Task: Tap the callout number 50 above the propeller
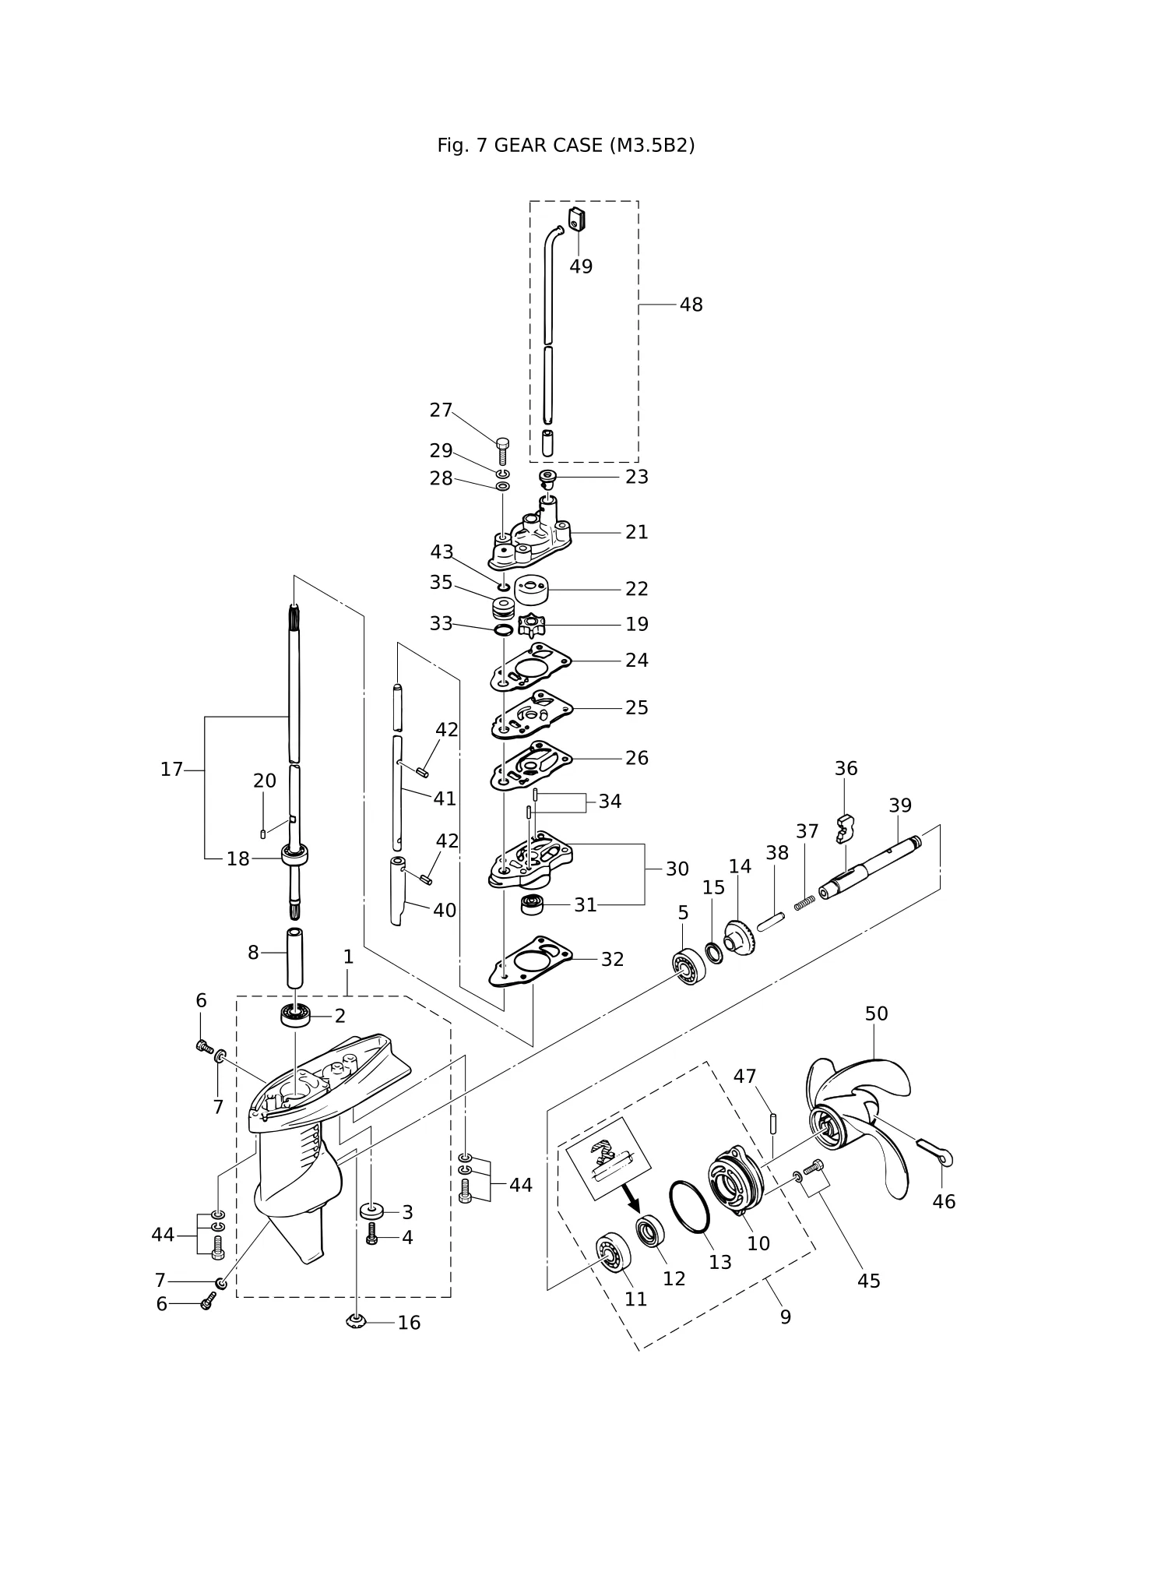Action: tap(876, 1013)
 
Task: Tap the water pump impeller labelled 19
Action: tap(532, 625)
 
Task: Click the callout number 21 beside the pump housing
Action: tap(636, 532)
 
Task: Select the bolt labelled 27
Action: tap(502, 450)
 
